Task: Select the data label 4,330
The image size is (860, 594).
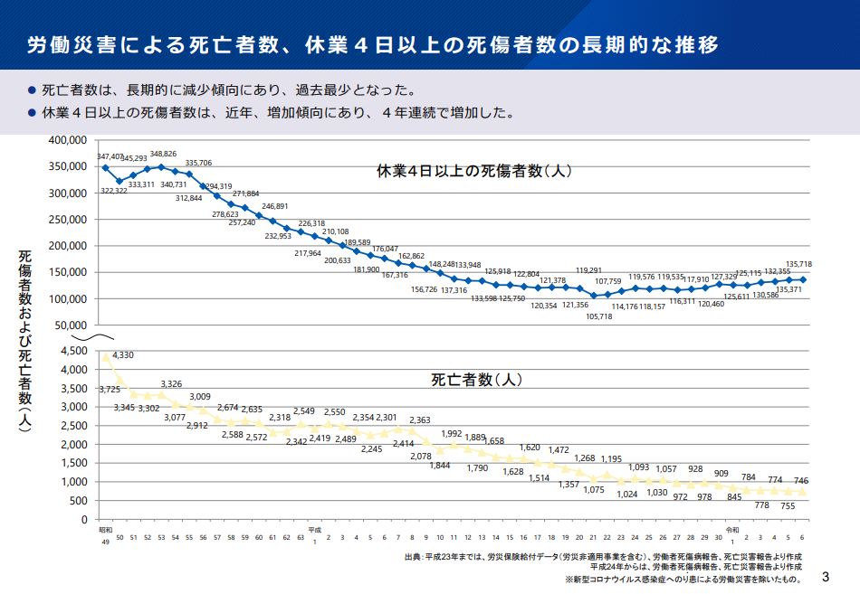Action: pos(123,354)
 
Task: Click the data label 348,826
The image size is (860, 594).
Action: pos(163,155)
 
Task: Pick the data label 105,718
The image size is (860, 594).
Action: pos(599,316)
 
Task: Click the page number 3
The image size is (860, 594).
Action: pos(825,576)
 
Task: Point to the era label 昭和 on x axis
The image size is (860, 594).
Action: pos(105,529)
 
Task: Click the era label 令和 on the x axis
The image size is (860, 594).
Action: pos(731,529)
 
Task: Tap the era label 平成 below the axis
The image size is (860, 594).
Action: pos(314,529)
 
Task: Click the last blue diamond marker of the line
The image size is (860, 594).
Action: pos(802,279)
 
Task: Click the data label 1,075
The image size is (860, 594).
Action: pos(594,489)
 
